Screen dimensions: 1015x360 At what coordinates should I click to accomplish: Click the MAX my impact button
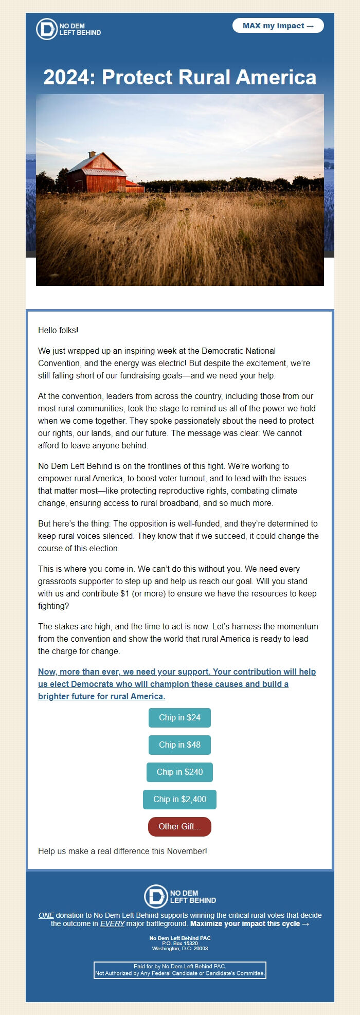pos(278,26)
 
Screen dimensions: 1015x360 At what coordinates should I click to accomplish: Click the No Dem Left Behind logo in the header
pos(68,29)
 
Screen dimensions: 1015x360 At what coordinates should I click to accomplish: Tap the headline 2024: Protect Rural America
pos(179,77)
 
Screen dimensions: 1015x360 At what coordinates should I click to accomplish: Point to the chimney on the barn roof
pos(92,154)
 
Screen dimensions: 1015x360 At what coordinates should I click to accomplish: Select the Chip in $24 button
pos(179,717)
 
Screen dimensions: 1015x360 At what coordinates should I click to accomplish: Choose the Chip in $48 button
pos(179,745)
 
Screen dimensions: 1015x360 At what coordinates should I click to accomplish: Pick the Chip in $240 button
pos(179,772)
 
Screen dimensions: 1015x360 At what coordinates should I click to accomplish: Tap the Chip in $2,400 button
pos(179,799)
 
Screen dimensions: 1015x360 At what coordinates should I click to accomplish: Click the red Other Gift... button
pos(179,826)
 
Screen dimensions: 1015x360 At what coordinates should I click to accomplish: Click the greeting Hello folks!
pos(58,330)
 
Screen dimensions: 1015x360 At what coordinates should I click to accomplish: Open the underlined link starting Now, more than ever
pos(176,684)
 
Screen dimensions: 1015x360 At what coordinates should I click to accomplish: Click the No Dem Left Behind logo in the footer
pos(179,896)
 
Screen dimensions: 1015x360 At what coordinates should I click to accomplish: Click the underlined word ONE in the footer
pos(46,915)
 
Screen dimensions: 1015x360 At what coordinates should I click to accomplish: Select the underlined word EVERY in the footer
pos(112,923)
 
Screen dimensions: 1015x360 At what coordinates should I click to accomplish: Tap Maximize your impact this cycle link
pos(249,923)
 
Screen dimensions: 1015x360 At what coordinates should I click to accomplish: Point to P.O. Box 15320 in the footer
pos(179,944)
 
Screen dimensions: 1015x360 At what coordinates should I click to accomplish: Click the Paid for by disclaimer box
pos(179,970)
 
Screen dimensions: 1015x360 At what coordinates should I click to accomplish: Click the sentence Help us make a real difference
pos(122,851)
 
